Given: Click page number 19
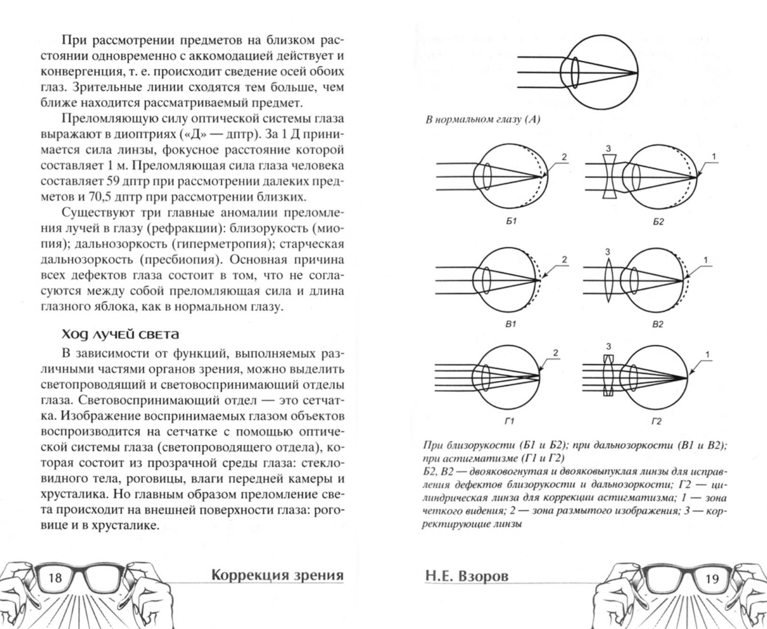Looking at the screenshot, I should pos(711,578).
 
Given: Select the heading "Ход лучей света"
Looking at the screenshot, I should pos(121,335).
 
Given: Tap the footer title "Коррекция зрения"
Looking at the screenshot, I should pos(277,575).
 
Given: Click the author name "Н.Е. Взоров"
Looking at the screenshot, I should pos(467,576).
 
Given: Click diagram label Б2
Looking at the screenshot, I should pos(658,221).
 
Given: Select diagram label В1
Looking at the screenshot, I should pos(511,324).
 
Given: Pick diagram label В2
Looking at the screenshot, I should pos(658,325).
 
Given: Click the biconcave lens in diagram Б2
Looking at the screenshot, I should pos(609,178).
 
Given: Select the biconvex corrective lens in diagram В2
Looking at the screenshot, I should pos(609,280).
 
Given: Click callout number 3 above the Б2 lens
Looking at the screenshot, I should pos(608,149).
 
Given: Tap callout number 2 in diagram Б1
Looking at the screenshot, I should pos(564,157).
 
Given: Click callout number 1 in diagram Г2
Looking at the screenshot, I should pos(707,355).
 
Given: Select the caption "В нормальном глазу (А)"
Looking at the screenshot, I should pos(482,120).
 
